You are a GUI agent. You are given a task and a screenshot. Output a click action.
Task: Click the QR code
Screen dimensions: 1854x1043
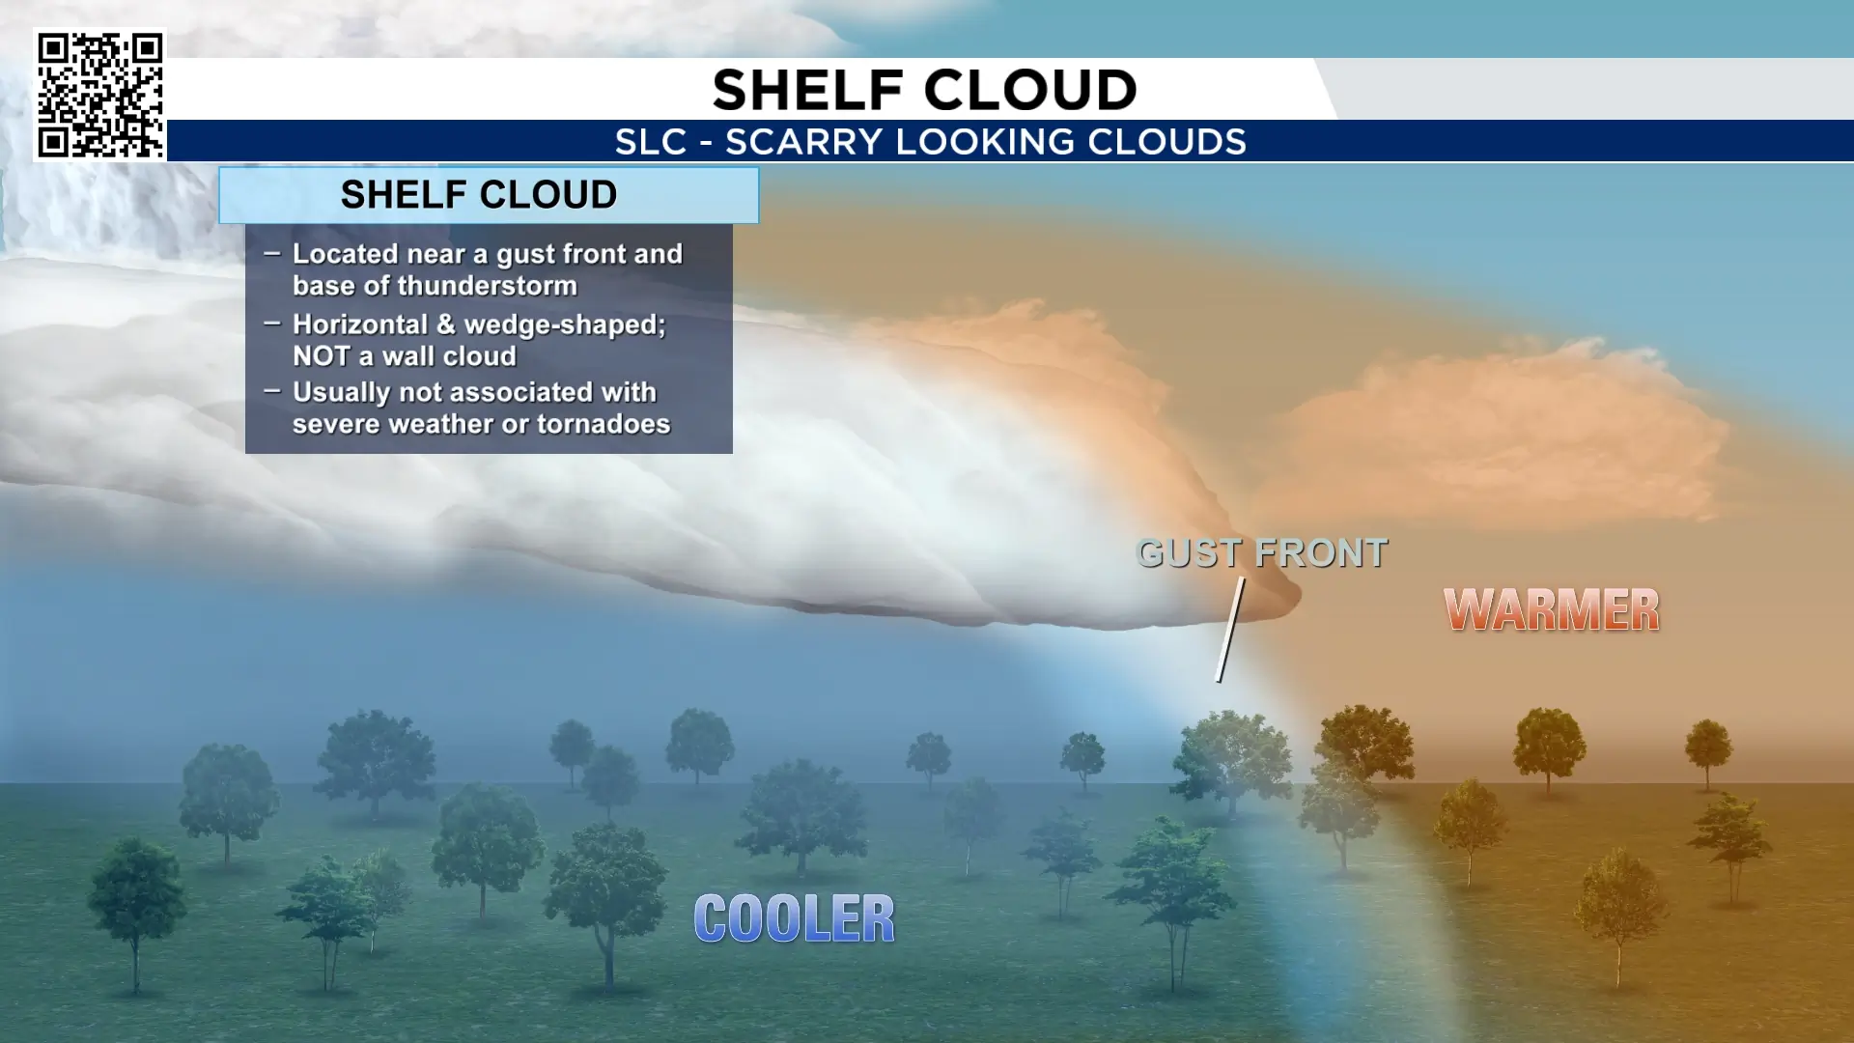click(100, 95)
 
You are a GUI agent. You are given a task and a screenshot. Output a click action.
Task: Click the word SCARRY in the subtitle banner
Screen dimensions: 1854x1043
click(804, 142)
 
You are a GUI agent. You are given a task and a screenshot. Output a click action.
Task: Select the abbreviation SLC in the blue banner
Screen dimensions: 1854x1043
click(651, 142)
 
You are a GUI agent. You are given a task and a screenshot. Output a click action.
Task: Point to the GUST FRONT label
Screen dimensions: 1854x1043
click(1262, 553)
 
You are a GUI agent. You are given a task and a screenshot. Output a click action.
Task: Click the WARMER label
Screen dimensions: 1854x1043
click(1552, 609)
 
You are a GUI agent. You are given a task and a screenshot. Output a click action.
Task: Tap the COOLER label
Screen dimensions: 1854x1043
click(795, 917)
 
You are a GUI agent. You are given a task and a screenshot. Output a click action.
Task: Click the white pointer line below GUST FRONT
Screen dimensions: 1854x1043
click(1229, 630)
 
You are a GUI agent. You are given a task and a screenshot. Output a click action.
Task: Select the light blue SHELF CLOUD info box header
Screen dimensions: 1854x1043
click(489, 195)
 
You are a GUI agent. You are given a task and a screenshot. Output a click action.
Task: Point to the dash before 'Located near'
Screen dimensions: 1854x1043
click(272, 253)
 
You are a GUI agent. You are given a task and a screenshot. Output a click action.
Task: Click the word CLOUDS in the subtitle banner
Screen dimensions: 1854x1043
click(1166, 142)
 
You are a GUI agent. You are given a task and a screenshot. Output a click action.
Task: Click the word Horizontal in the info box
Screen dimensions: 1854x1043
click(359, 324)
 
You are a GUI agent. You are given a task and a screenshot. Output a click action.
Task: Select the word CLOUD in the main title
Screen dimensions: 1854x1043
click(1032, 90)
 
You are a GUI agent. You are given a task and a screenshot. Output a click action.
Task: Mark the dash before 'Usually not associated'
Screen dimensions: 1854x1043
click(272, 391)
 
